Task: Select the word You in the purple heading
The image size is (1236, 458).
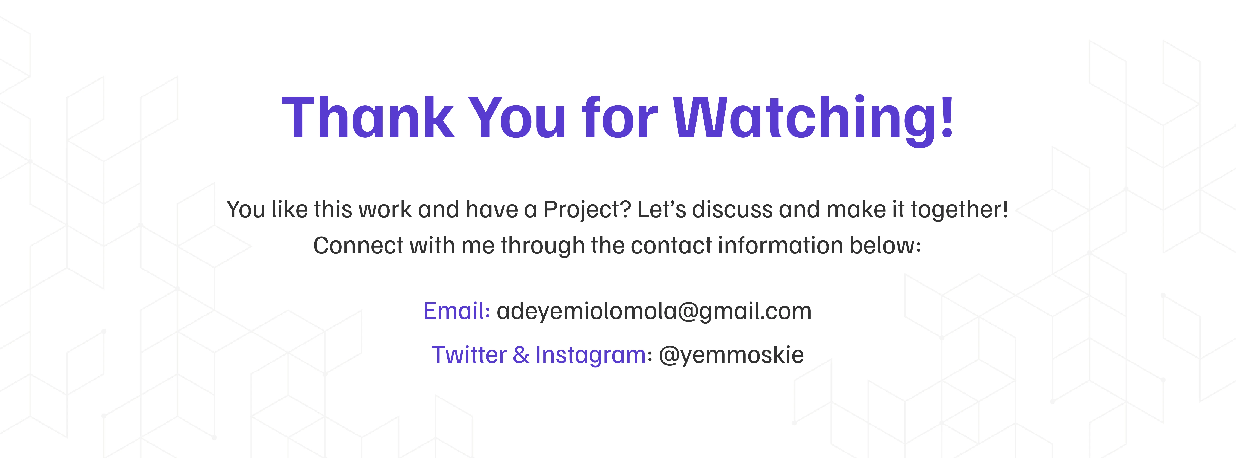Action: pyautogui.click(x=517, y=118)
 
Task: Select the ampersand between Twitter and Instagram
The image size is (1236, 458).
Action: pyautogui.click(x=521, y=355)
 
